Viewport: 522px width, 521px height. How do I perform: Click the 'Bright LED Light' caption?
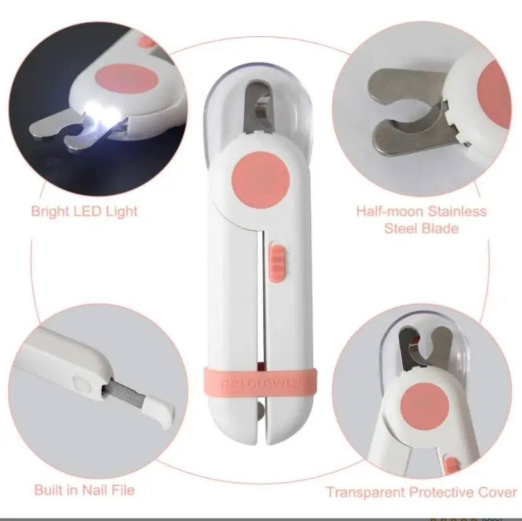(84, 211)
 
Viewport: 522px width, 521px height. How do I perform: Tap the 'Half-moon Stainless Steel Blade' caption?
(421, 219)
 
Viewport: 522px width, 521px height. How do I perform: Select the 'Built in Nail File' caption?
(84, 489)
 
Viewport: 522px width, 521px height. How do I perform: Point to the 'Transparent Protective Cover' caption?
(421, 492)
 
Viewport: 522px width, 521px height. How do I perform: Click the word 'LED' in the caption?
(89, 211)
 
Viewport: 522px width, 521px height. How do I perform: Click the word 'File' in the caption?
(122, 489)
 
